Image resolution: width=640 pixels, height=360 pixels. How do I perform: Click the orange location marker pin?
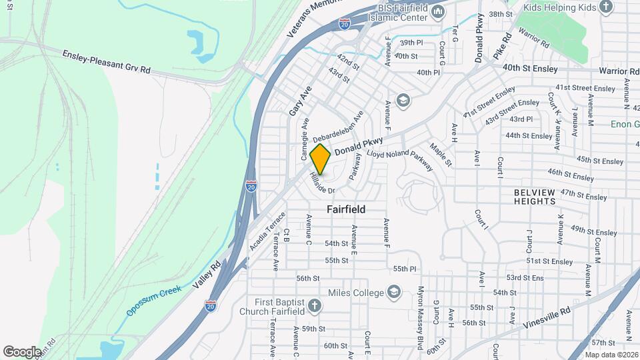pos(321,159)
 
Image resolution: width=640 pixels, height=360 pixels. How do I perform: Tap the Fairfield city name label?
pos(346,209)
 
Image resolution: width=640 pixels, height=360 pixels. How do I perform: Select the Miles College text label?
pos(356,293)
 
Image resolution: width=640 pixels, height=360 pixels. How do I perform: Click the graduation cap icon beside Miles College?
pos(394,293)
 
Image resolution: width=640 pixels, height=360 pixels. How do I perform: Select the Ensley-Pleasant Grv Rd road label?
pos(107,61)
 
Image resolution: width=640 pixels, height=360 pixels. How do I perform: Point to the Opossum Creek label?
pos(153,300)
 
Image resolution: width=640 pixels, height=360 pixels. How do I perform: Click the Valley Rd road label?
pos(207,275)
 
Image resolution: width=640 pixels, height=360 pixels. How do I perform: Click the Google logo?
pos(23,351)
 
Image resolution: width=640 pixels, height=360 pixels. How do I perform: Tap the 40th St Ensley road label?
pos(530,68)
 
